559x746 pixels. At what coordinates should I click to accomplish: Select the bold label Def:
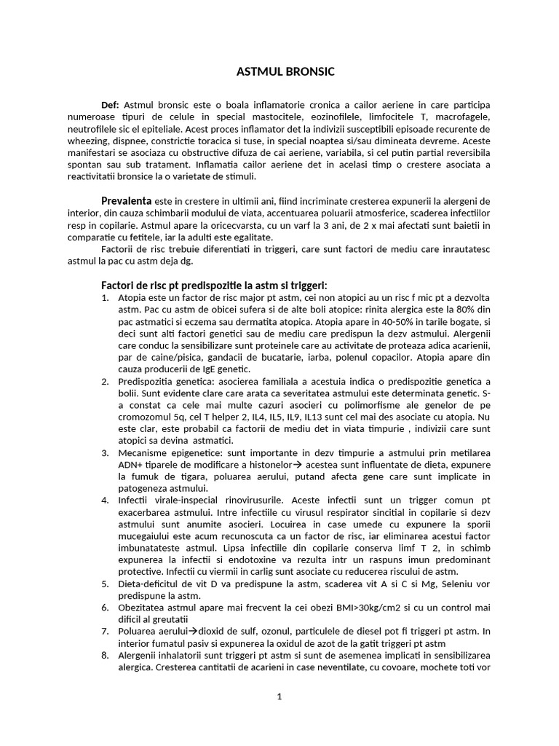pyautogui.click(x=114, y=105)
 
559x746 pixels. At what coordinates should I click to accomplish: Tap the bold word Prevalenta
pyautogui.click(x=126, y=200)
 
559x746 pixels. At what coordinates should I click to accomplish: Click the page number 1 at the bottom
pyautogui.click(x=279, y=696)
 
